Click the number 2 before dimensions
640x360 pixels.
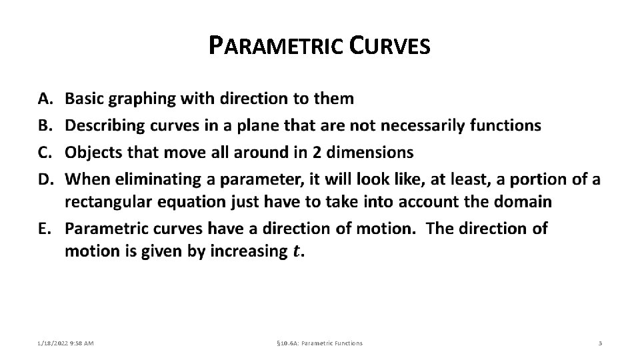coord(317,152)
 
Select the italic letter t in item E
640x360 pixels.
coord(297,251)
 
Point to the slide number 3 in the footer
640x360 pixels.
coord(600,343)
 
